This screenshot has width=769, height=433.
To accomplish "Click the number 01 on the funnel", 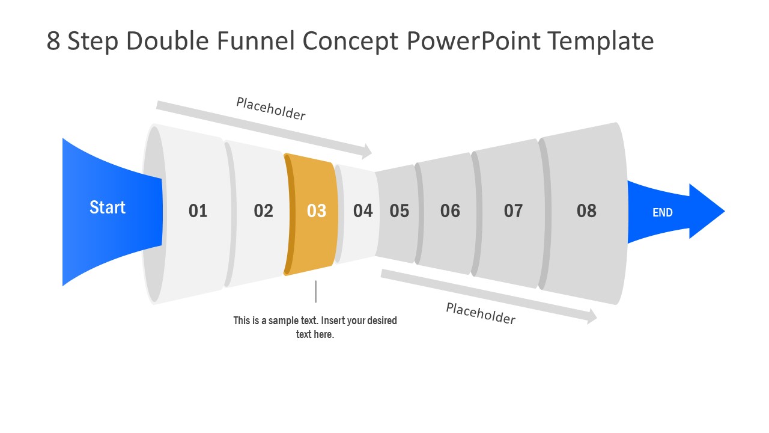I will [x=198, y=211].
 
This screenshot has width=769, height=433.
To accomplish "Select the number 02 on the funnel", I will [x=263, y=211].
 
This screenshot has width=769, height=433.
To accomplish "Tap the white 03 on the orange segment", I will [x=317, y=211].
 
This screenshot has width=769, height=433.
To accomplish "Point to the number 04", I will [x=363, y=211].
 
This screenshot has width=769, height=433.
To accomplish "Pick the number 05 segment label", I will [x=399, y=211].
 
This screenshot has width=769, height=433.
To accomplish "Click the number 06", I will [x=450, y=211].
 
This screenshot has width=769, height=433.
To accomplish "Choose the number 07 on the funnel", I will [x=513, y=211].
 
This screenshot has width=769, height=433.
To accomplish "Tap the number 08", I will [x=586, y=210].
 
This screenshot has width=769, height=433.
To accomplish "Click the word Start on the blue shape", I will [x=108, y=207].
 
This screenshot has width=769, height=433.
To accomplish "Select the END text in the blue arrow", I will [x=663, y=212].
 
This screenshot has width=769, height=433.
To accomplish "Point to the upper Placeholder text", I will [x=270, y=109].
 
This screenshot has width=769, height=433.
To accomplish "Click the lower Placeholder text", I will [x=481, y=314].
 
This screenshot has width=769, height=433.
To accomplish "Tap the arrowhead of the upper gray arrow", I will [x=366, y=152].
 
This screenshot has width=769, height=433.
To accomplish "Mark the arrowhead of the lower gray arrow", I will [x=592, y=316].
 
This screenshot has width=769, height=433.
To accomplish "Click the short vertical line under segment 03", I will [x=315, y=292].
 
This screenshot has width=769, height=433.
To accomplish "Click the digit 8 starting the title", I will [x=53, y=41].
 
